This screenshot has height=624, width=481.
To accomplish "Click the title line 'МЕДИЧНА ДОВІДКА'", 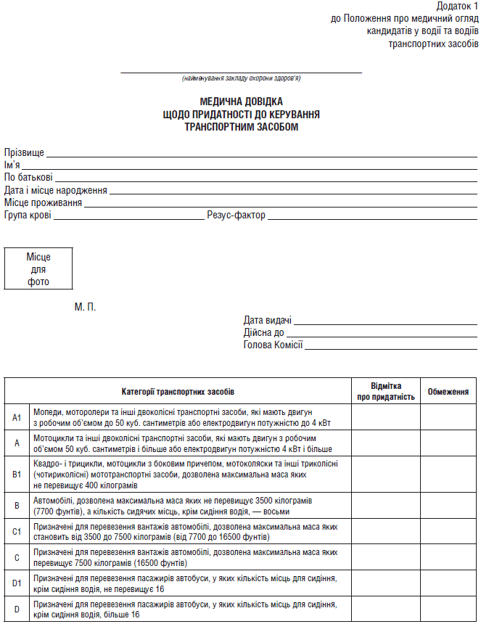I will point(242,102).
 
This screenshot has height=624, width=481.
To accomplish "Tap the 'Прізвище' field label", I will point(24,152).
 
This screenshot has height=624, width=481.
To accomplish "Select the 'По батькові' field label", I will point(28,178).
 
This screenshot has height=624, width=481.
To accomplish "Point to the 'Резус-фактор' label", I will point(236,215).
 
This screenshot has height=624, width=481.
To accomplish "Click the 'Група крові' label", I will point(28,215).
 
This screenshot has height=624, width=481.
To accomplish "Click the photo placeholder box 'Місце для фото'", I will point(38,269).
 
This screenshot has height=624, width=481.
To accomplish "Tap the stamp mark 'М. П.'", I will point(85,307).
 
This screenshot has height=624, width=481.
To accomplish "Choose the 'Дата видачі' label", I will point(268,320).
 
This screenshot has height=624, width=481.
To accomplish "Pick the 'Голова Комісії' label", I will point(273,345).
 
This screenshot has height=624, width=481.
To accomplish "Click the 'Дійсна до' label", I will point(264,332).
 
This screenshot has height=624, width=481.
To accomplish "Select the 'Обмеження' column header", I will point(448,392).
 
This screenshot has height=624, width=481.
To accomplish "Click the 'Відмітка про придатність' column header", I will point(385,392).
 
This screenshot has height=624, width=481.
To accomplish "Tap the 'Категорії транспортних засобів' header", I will point(178,392).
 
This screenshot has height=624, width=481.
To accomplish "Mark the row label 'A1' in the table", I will point(17,417).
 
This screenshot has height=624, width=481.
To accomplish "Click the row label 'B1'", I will point(17,474).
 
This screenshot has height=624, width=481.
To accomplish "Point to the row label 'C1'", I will point(17,532).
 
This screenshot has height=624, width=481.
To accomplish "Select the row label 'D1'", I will point(17,583).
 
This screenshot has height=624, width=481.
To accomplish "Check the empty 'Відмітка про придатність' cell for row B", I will point(385,505).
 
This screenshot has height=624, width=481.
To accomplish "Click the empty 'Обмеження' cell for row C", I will point(448,557).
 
